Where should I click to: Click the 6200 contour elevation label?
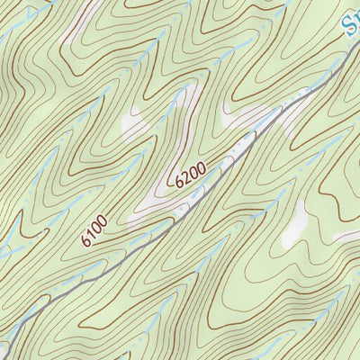[x=191, y=174]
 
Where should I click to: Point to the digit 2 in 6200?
[x=187, y=177]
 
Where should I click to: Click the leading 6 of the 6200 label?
[x=181, y=184]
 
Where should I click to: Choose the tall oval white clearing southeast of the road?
[x=293, y=225]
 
